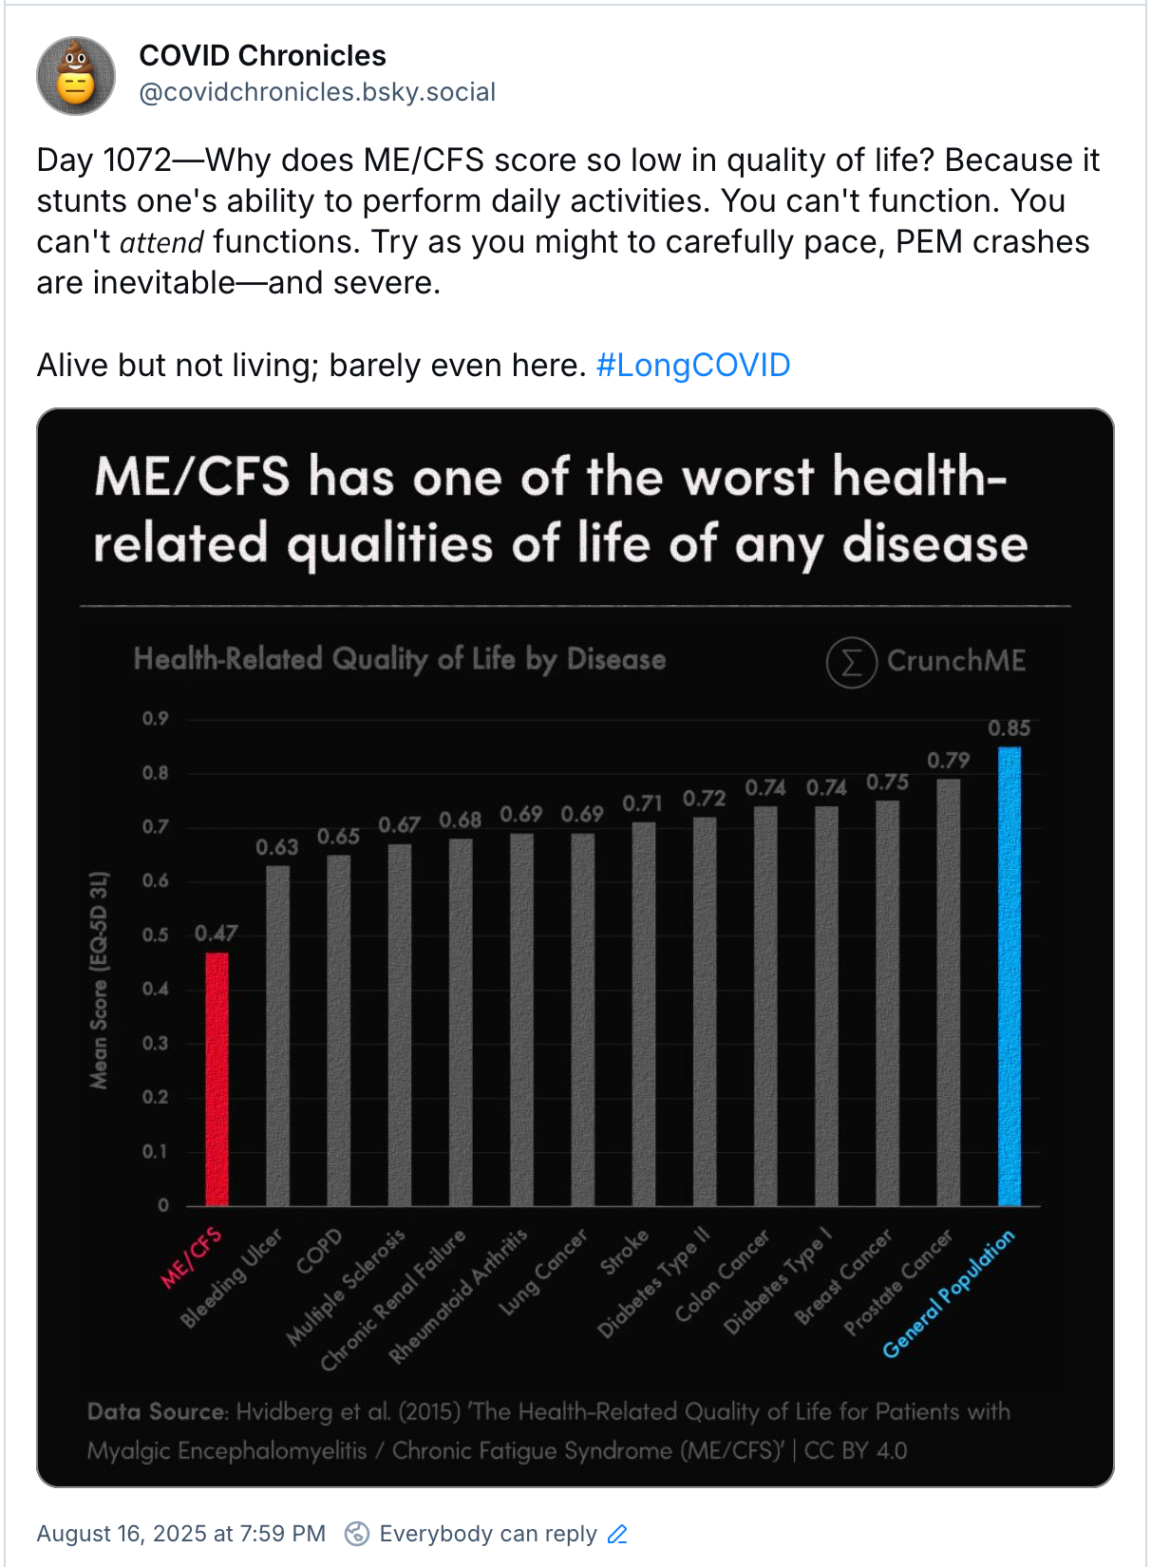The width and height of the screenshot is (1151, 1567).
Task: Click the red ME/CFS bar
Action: tap(217, 1079)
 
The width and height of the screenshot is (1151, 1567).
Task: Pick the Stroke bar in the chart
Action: tap(644, 1013)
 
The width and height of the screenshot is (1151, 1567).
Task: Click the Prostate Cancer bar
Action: tap(949, 992)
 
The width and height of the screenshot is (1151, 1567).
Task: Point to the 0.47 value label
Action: tap(216, 934)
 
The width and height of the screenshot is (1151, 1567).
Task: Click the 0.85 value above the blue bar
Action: tap(1009, 728)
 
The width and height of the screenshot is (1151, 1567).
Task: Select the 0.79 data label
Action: tap(948, 761)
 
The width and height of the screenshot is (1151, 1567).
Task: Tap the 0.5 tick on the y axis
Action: tap(156, 935)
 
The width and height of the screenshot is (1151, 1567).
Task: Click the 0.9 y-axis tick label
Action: tap(156, 719)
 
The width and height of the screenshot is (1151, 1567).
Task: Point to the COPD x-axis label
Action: tap(319, 1252)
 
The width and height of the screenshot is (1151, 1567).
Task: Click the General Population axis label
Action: tap(948, 1293)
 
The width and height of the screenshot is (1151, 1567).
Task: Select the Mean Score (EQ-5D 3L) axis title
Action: tap(100, 979)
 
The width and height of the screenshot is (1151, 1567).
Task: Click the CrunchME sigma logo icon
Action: tap(851, 662)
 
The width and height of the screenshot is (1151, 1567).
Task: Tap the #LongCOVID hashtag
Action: tap(693, 366)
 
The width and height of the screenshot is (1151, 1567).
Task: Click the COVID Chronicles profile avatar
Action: tap(76, 76)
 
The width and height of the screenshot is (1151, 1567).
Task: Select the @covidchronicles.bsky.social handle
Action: tap(317, 92)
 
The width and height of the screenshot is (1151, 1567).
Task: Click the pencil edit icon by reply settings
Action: tap(618, 1534)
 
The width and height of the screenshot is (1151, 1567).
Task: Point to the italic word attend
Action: tap(161, 243)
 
